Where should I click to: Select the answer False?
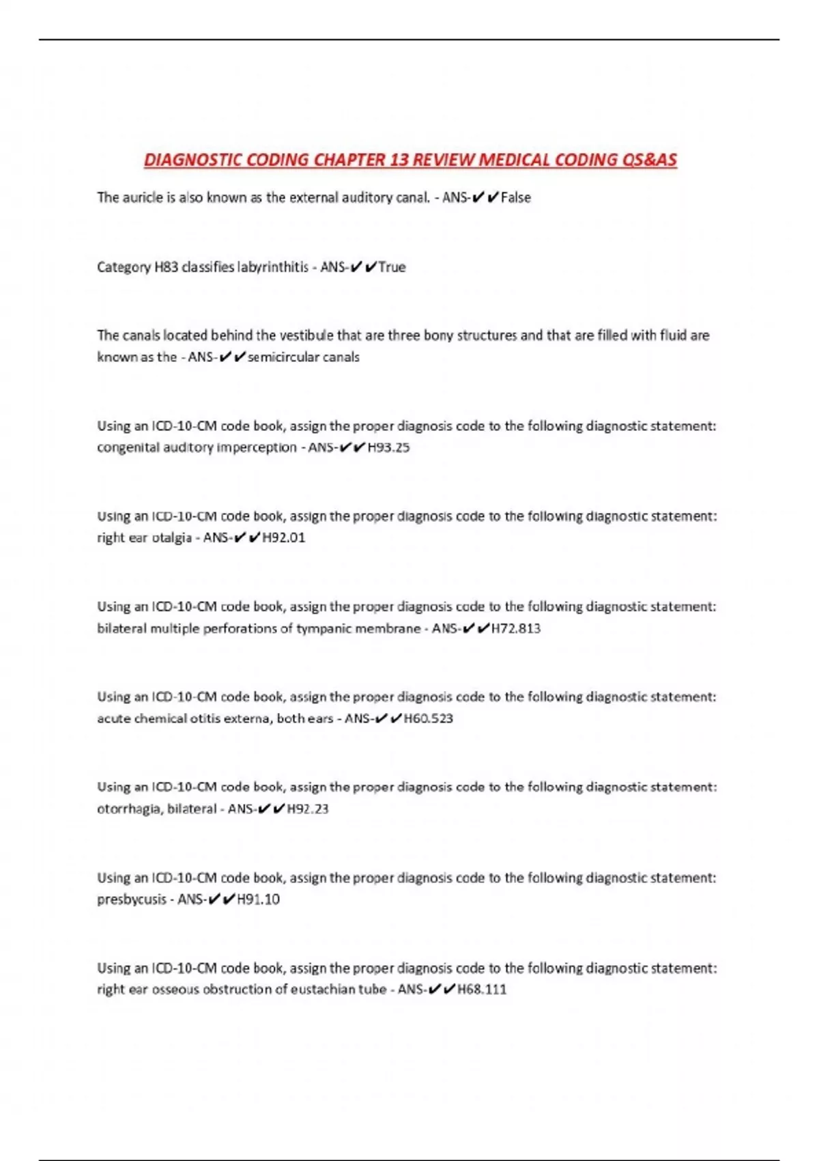(516, 198)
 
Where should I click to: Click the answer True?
(392, 267)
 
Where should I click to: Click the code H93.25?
(388, 448)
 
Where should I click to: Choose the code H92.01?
(284, 538)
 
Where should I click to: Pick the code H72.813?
(516, 628)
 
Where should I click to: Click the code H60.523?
(429, 718)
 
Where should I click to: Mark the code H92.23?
(308, 809)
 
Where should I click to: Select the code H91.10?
(258, 899)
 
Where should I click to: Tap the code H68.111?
(482, 990)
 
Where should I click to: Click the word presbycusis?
(130, 899)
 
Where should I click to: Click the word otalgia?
(171, 538)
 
